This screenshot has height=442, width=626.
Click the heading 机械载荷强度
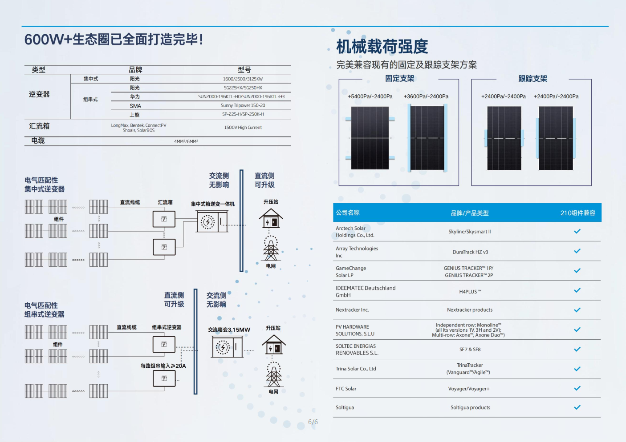click(382, 46)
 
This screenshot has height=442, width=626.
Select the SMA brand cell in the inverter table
click(135, 106)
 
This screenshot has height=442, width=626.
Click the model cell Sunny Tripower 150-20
click(243, 105)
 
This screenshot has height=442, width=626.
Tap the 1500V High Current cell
click(243, 127)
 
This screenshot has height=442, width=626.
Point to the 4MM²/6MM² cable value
click(186, 141)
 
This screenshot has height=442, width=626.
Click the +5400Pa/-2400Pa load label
click(370, 96)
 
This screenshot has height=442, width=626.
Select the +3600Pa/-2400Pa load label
click(426, 96)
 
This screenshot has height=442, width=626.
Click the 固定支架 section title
click(400, 78)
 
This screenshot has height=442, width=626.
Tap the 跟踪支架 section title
click(533, 79)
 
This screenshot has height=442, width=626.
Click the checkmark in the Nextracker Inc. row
click(577, 310)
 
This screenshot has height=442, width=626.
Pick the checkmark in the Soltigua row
click(577, 407)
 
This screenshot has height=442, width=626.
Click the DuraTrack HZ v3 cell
click(470, 252)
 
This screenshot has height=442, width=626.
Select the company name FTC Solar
click(346, 389)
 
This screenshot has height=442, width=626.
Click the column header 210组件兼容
click(577, 213)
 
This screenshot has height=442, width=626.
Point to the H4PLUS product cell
click(470, 292)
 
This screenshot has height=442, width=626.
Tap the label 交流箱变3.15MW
click(229, 329)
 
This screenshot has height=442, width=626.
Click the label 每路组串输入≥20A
click(163, 366)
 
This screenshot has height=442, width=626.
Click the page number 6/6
click(313, 422)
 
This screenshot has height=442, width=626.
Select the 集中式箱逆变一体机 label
click(213, 204)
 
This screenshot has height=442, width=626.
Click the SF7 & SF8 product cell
click(470, 350)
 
